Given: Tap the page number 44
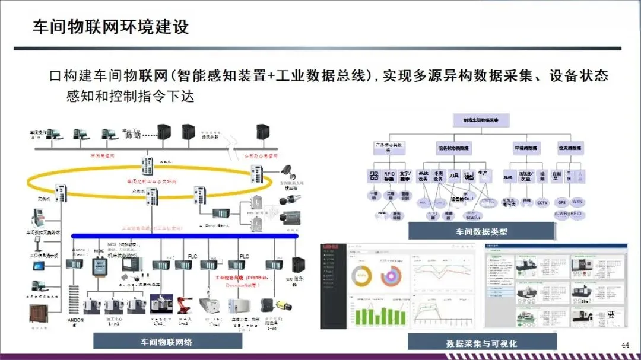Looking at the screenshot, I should pos(625,345).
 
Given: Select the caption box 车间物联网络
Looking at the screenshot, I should pos(167,342).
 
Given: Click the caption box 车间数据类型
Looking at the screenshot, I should pos(481,231).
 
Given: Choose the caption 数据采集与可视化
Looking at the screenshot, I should pos(481,343).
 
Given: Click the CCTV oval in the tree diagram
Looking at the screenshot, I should pos(542,202).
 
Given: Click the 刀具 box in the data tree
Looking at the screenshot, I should pos(454,176).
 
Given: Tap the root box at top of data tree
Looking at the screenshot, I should pos(481,120).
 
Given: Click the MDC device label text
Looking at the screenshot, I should pos(99,251).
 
